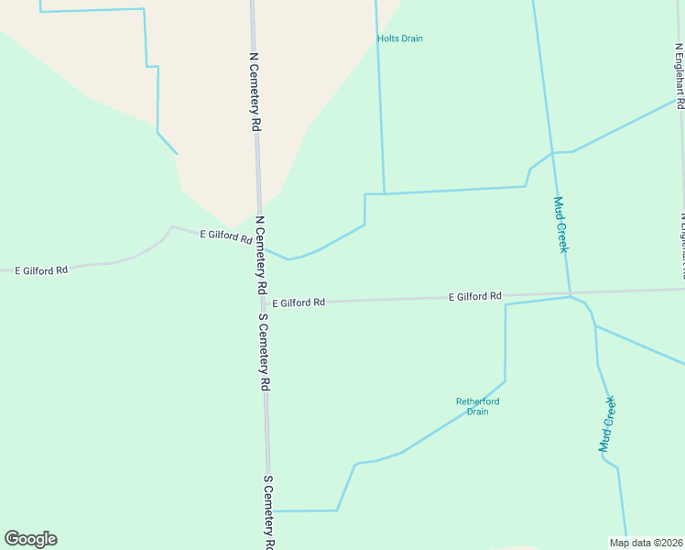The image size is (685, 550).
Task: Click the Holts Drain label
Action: pos(400,38)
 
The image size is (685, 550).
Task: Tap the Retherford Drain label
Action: pos(478,406)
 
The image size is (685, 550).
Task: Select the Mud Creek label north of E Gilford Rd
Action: pos(561,225)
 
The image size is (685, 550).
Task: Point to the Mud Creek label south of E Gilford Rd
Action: pos(607,423)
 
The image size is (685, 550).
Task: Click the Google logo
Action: pos(30,539)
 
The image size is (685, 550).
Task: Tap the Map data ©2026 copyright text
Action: pos(646,543)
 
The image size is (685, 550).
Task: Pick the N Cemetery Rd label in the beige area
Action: pos(256,93)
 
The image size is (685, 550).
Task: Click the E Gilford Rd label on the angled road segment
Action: pos(226,236)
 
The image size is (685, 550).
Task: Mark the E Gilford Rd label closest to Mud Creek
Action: pos(475,296)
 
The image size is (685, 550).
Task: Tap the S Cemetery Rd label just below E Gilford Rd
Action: pos(263,352)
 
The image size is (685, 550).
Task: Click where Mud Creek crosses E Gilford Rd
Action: pos(570,294)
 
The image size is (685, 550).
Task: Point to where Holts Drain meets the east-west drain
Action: pos(384,193)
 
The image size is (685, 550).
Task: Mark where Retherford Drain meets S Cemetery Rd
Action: pos(272,511)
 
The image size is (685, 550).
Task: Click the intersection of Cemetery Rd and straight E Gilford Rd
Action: pos(264,302)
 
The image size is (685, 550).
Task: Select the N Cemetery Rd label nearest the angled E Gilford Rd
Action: pos(261,254)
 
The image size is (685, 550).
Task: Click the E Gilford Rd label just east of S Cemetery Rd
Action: pos(299,302)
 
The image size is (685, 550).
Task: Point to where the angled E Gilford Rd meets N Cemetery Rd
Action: pos(259,243)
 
